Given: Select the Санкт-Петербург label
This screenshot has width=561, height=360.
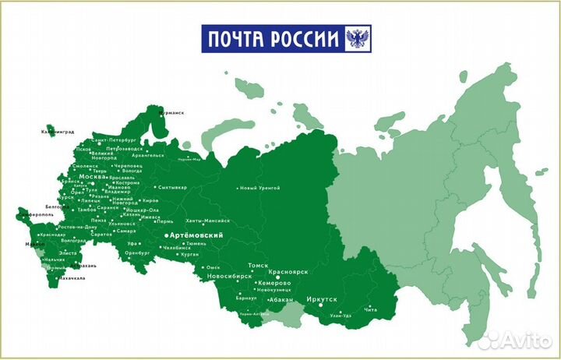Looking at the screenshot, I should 114,140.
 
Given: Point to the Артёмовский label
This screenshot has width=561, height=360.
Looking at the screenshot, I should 197,235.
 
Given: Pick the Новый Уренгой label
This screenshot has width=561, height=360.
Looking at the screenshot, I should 259,188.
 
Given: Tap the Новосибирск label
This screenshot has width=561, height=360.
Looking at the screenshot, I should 229,276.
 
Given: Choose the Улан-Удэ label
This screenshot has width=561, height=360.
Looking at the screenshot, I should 340,316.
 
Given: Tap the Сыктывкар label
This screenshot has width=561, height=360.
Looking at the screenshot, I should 172,188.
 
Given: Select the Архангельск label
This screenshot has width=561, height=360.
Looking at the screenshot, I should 148,155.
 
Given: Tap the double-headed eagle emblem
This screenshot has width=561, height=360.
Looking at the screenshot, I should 358,38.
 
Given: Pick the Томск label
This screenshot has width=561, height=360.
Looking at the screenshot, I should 257,266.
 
